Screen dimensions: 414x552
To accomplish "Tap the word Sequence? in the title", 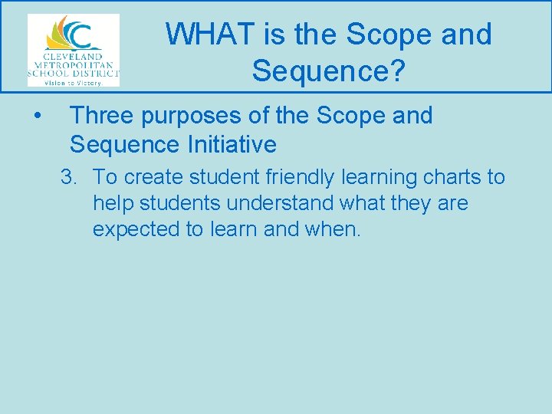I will pos(328,71).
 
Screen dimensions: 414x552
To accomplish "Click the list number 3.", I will pos(69,178).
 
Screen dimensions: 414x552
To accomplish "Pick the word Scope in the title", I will pos(387,34).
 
